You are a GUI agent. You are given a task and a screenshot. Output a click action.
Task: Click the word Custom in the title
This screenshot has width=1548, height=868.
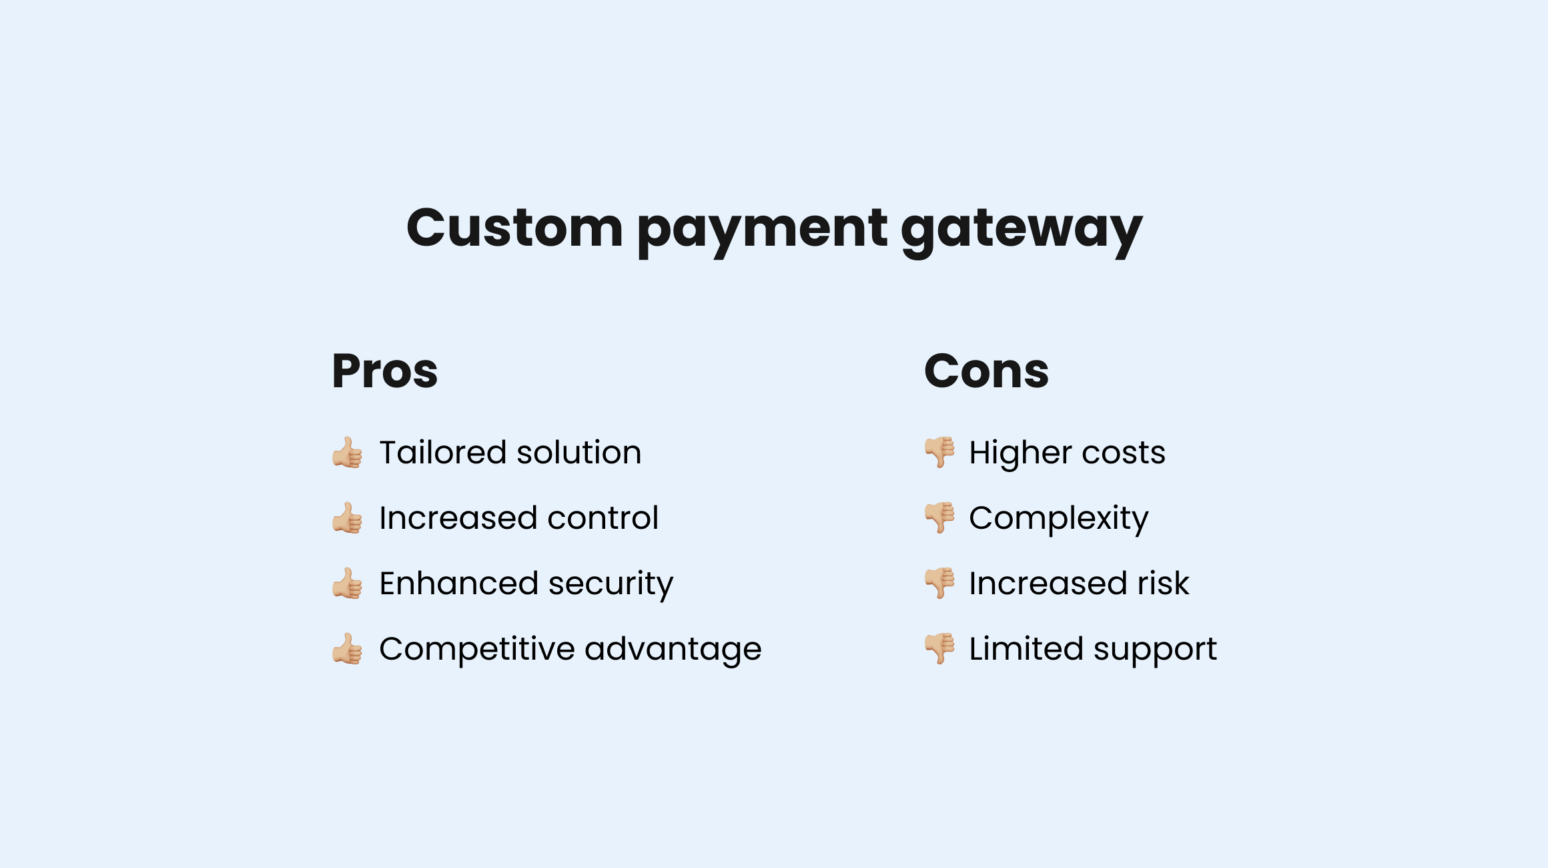(514, 228)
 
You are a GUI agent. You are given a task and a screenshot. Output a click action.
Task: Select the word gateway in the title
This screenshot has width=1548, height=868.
(1022, 230)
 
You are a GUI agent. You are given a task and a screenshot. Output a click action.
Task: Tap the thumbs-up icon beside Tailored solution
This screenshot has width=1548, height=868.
(347, 453)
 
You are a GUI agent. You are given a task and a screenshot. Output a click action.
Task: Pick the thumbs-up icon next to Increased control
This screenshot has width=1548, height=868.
(347, 518)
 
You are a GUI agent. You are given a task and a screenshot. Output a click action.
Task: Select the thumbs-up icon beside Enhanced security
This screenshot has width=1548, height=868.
(347, 584)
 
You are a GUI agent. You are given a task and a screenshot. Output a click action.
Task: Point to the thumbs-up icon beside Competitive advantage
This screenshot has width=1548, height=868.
(347, 649)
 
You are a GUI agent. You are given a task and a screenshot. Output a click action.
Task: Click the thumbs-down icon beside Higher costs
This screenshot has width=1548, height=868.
(939, 452)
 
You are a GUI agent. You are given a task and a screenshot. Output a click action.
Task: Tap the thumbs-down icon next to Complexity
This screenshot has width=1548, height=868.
(939, 517)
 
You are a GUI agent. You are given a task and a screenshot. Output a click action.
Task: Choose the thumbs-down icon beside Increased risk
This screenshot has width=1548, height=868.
(939, 583)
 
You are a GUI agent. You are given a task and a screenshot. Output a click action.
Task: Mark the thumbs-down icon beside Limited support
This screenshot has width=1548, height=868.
(939, 648)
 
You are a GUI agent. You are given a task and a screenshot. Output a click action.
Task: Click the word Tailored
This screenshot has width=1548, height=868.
(443, 453)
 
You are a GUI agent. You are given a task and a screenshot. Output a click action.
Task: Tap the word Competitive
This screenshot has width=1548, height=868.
(476, 650)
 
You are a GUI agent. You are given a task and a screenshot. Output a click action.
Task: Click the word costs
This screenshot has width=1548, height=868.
(1124, 453)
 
